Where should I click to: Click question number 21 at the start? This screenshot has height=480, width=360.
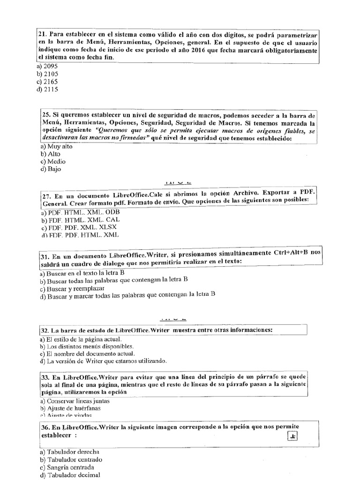(x=41, y=35)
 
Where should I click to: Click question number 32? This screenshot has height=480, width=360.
(x=42, y=330)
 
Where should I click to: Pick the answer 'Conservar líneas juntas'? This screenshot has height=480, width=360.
(x=77, y=401)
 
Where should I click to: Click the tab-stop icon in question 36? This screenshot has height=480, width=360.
(x=293, y=437)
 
